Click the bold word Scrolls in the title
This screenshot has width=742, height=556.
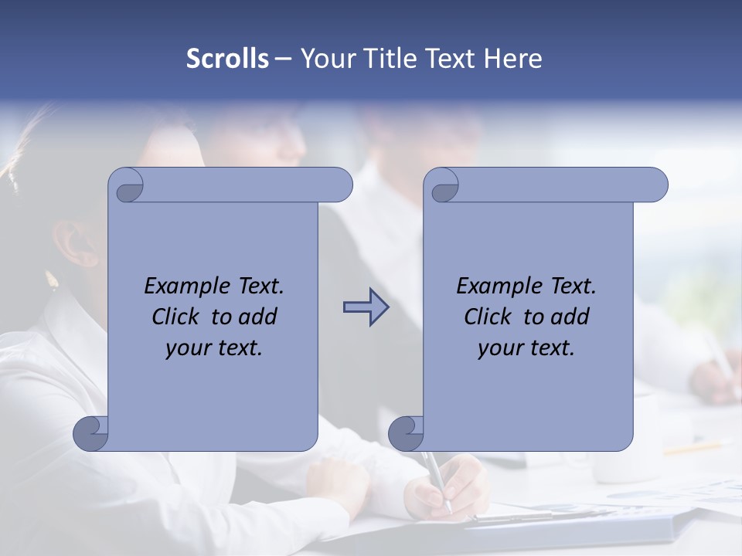(x=227, y=59)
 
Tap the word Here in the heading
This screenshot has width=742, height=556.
(x=513, y=59)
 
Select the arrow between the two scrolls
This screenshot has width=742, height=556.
(x=366, y=308)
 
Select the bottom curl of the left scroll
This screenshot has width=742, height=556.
(x=91, y=434)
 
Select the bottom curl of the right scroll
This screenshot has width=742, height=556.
(x=407, y=434)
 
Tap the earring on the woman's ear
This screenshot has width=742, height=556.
(x=53, y=279)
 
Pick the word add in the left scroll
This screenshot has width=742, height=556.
(x=257, y=317)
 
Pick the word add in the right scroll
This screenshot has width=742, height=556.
(x=570, y=317)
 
